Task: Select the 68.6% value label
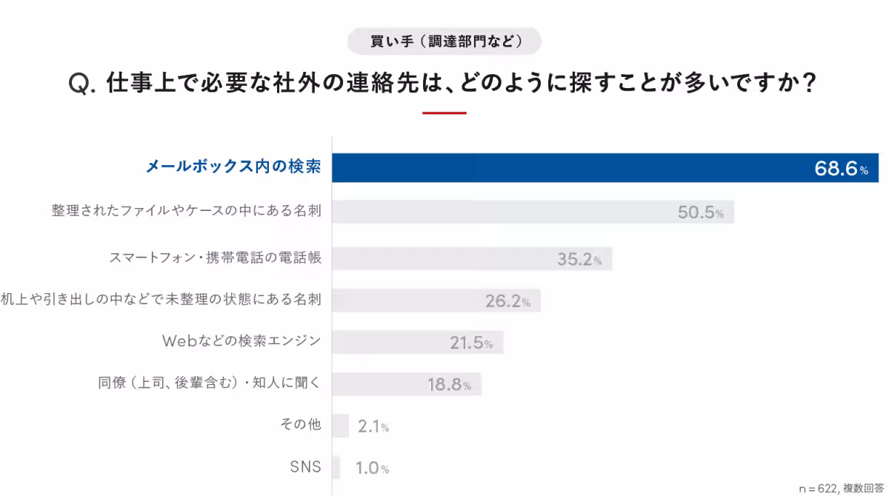tap(841, 170)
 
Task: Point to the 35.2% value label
tap(579, 259)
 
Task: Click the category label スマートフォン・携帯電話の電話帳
tap(215, 258)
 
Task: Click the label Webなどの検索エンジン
tap(241, 341)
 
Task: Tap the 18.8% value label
tap(449, 385)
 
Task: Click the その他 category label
tap(301, 425)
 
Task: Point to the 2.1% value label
tap(373, 426)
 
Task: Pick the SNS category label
tap(305, 466)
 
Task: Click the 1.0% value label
tap(372, 468)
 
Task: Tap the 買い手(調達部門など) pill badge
tap(444, 41)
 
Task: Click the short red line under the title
tap(444, 113)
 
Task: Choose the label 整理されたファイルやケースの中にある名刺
tap(185, 211)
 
